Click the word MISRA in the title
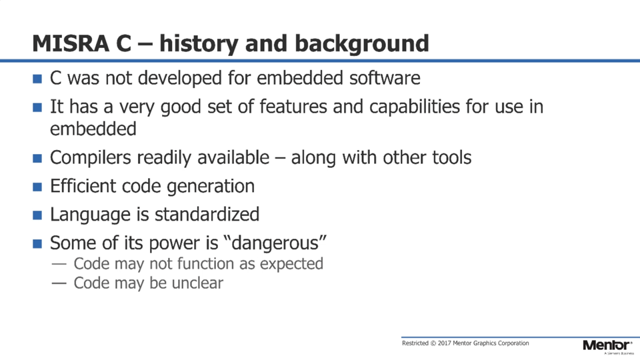pyautogui.click(x=71, y=43)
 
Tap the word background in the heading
pyautogui.click(x=361, y=44)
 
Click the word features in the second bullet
pyautogui.click(x=293, y=107)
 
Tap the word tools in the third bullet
pyautogui.click(x=452, y=157)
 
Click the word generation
pyautogui.click(x=211, y=187)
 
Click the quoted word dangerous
pyautogui.click(x=275, y=243)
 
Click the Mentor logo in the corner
pyautogui.click(x=608, y=346)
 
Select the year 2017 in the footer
pyautogui.click(x=445, y=343)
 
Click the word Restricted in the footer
pyautogui.click(x=415, y=343)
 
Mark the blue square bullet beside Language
pyautogui.click(x=37, y=215)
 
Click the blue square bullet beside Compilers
pyautogui.click(x=37, y=159)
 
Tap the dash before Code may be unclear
pyautogui.click(x=59, y=283)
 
